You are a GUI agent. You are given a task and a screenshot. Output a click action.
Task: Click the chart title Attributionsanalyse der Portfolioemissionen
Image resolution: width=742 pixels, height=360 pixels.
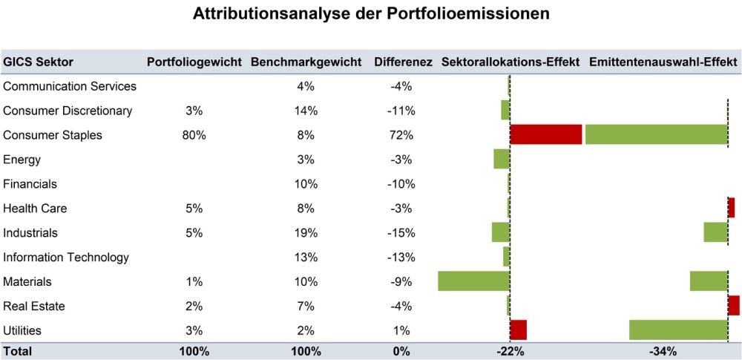(371, 14)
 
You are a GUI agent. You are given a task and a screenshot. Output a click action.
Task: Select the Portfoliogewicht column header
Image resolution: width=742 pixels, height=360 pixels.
(194, 62)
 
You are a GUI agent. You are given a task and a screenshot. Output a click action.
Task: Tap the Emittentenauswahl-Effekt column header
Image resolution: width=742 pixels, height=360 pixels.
(663, 62)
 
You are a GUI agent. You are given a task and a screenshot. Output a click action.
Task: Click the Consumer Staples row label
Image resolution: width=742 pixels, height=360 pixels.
(53, 135)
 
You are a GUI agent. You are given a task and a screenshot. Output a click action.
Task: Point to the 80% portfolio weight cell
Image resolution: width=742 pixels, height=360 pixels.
(194, 135)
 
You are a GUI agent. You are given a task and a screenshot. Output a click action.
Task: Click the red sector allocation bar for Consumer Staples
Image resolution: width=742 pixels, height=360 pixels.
(545, 134)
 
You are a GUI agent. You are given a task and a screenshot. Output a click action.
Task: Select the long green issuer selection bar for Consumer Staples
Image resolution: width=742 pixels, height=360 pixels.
(656, 134)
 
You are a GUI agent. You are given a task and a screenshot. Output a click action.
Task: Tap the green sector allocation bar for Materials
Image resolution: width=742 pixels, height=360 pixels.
(473, 281)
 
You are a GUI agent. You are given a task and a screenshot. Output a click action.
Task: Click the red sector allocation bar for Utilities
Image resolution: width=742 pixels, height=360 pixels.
(518, 330)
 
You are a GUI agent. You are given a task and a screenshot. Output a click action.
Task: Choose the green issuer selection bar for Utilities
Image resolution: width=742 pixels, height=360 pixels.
(678, 330)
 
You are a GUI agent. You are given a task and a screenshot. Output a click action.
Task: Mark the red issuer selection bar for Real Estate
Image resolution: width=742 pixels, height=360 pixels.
(734, 305)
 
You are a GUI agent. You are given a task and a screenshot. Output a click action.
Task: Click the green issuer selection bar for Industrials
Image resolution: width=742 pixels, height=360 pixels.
(715, 232)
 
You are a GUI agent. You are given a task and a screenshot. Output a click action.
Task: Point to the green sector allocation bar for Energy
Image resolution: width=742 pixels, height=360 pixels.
(502, 159)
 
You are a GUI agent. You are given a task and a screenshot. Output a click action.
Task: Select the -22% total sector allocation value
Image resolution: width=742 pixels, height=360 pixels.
(510, 351)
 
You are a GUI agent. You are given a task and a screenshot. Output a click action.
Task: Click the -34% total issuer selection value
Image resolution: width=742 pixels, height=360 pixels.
(662, 351)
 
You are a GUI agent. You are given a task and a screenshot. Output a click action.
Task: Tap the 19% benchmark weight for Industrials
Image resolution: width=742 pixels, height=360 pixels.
(306, 233)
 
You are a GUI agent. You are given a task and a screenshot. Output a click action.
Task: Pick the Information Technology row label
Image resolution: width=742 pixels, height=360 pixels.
(66, 258)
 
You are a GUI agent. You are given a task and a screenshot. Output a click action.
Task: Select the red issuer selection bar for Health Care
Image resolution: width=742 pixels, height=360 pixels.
(731, 208)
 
